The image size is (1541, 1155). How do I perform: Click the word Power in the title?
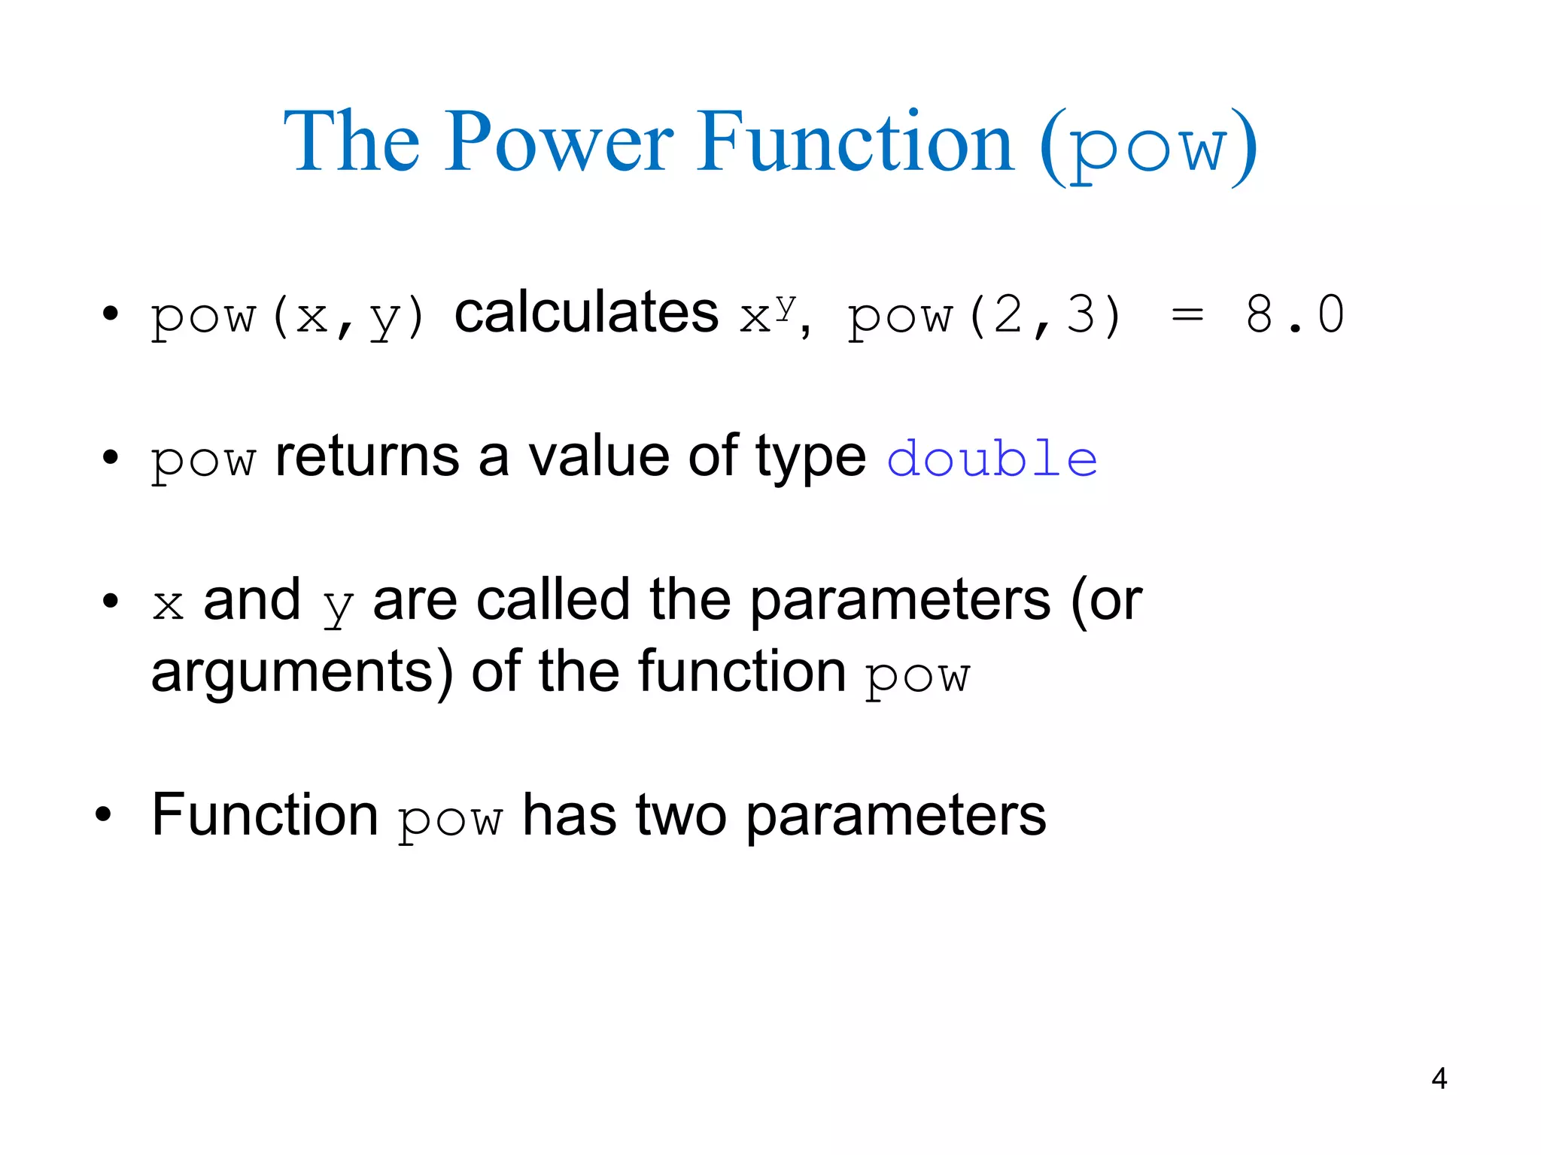pos(561,142)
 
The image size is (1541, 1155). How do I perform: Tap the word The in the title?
pos(351,142)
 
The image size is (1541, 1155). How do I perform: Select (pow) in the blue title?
pos(1149,147)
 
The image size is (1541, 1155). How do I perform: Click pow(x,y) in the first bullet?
pos(288,316)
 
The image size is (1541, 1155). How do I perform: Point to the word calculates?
pos(586,313)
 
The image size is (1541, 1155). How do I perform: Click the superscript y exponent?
pos(786,305)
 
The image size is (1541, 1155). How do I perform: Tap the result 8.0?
pos(1294,314)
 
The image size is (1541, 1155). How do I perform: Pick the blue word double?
pos(992,459)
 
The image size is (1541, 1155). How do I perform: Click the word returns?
pos(367,456)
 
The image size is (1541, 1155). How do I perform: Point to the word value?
pos(598,456)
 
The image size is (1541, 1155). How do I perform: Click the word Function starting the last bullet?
pos(265,815)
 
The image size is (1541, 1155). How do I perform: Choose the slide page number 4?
pos(1439,1079)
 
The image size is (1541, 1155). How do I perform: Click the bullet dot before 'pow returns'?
pos(111,456)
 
